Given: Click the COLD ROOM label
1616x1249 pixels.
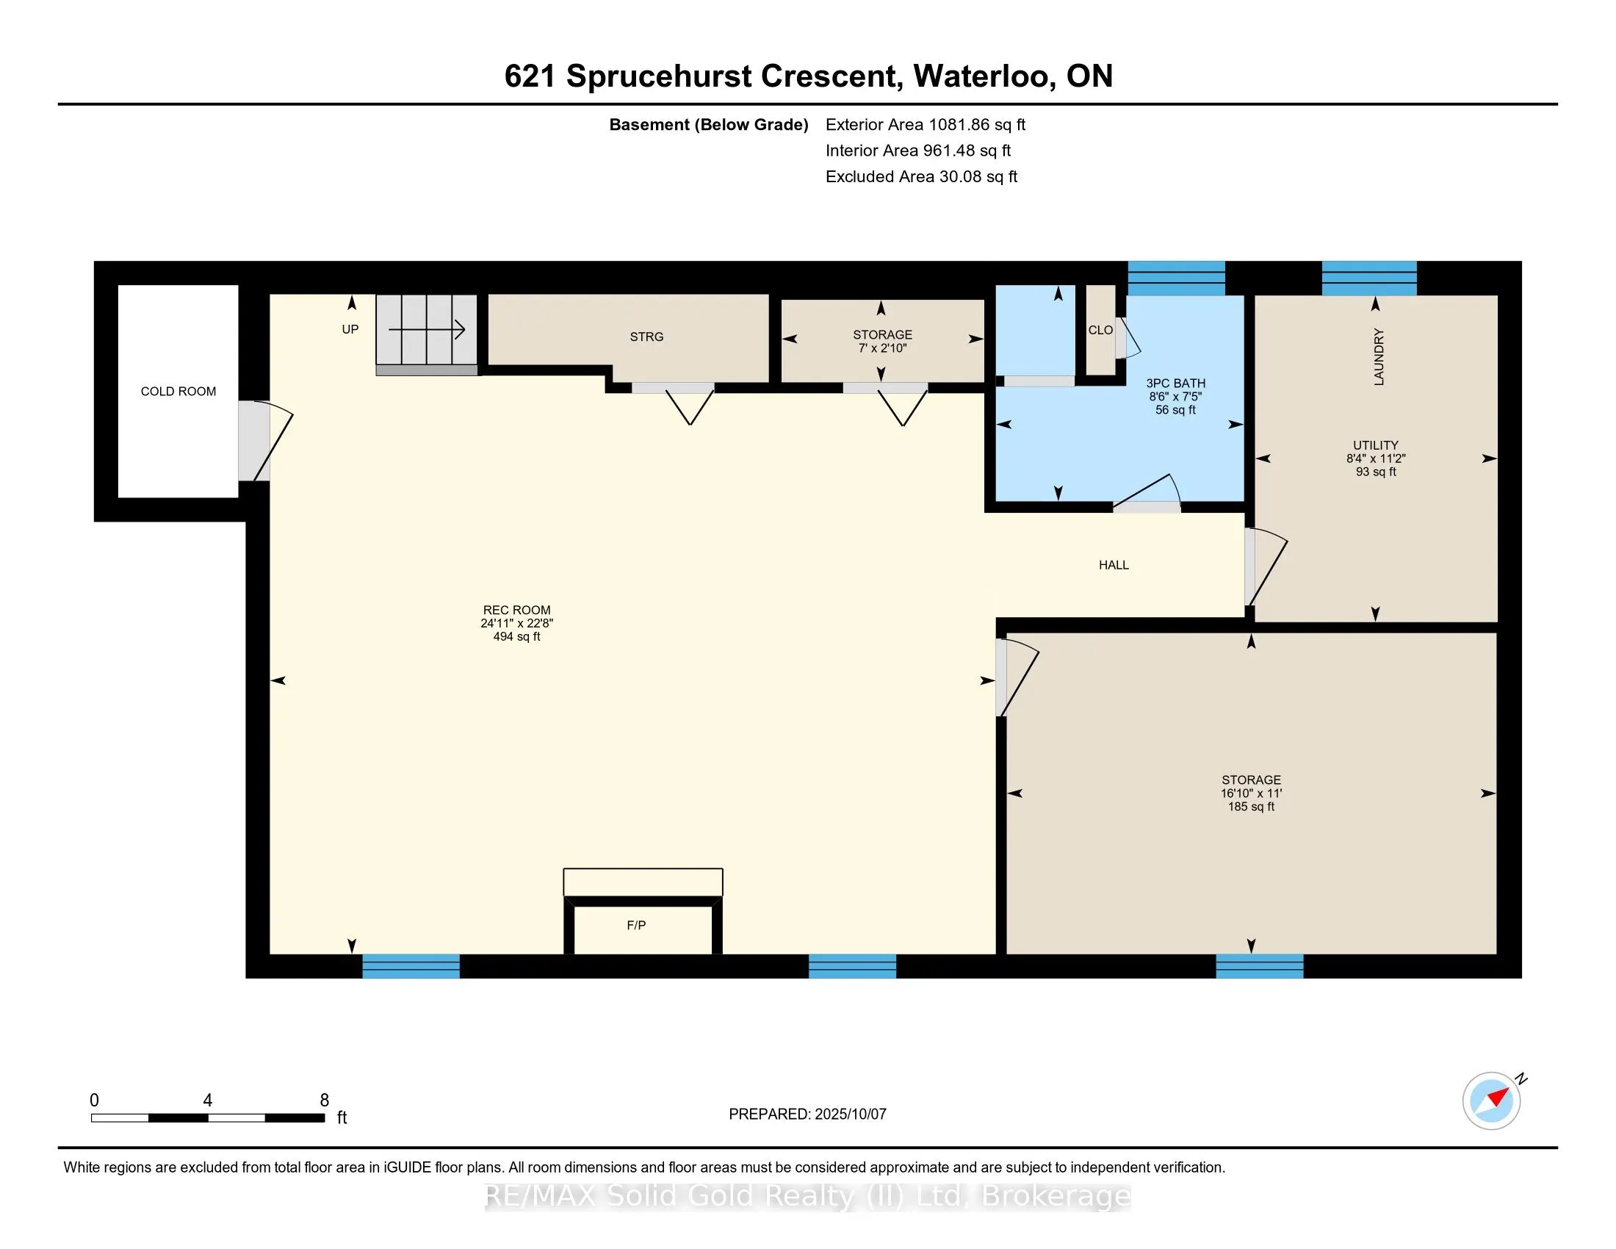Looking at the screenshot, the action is (x=178, y=392).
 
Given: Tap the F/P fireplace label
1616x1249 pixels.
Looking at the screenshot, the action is (x=636, y=925).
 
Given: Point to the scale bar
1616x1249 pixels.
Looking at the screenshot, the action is (x=208, y=1117).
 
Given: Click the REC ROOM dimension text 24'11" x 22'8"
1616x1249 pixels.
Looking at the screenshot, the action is (x=516, y=624).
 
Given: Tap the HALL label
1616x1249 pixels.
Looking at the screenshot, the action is (x=1114, y=565).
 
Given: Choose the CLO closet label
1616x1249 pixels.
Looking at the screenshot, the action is (x=1100, y=330).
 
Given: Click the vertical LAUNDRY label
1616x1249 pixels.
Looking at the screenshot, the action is (x=1379, y=356).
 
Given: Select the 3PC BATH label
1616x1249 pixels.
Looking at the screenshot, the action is (x=1176, y=384).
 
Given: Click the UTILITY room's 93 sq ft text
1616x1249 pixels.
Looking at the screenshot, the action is (x=1376, y=472).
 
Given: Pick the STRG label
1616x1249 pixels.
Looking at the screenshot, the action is (x=646, y=336).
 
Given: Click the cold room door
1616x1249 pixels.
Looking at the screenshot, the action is (x=264, y=441).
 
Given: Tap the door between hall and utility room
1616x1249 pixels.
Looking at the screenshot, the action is (x=1266, y=567).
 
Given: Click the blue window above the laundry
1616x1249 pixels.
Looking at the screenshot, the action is (x=1369, y=278).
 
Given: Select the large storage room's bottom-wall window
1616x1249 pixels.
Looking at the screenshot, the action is (x=1259, y=966).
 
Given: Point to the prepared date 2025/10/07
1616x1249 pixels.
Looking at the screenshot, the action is (x=850, y=1115).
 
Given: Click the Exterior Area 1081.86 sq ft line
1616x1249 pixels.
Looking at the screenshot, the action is (x=926, y=125).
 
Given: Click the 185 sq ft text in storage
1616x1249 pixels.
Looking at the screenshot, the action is (x=1251, y=807).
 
